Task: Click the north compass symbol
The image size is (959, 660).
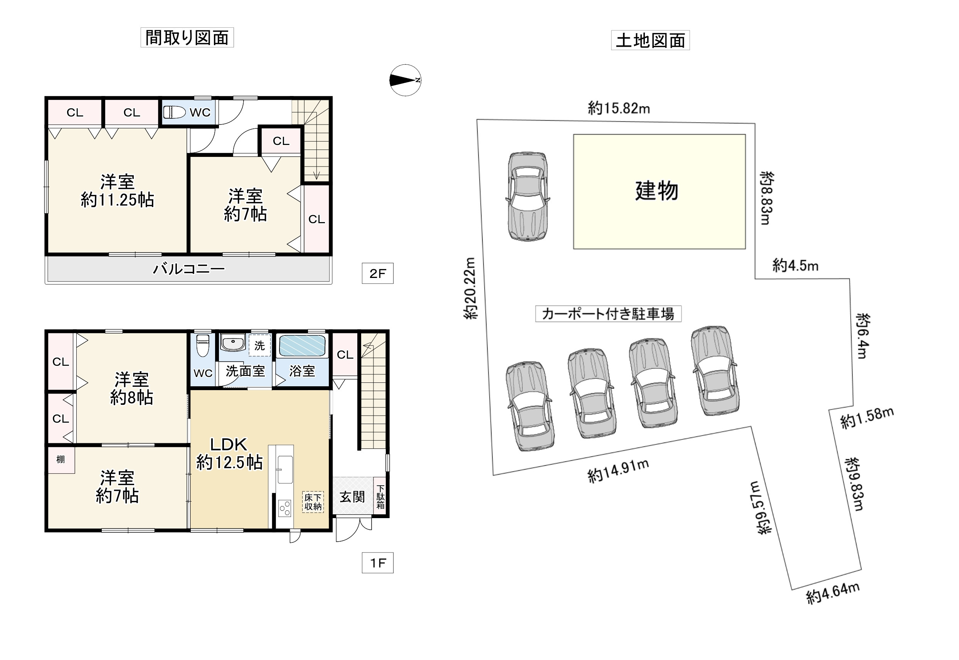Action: pyautogui.click(x=405, y=80)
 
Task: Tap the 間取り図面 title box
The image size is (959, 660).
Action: pyautogui.click(x=187, y=38)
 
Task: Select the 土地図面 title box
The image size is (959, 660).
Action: pyautogui.click(x=650, y=40)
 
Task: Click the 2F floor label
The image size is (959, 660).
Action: pyautogui.click(x=377, y=273)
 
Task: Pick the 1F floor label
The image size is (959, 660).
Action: pyautogui.click(x=377, y=563)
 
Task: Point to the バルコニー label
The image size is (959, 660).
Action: pyautogui.click(x=188, y=269)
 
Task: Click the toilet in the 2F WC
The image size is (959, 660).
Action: pyautogui.click(x=174, y=112)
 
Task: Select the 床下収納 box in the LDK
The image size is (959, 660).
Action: pyautogui.click(x=313, y=502)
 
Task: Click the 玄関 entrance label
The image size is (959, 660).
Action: pyautogui.click(x=352, y=497)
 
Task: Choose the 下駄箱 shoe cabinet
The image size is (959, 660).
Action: pyautogui.click(x=380, y=497)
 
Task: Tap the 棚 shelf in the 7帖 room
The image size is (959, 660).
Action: pyautogui.click(x=61, y=460)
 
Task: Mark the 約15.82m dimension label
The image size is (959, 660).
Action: pyautogui.click(x=619, y=108)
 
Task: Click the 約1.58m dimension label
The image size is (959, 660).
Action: pyautogui.click(x=867, y=418)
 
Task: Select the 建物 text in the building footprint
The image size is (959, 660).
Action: pyautogui.click(x=656, y=191)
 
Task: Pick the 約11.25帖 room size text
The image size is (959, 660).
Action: pyautogui.click(x=118, y=200)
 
